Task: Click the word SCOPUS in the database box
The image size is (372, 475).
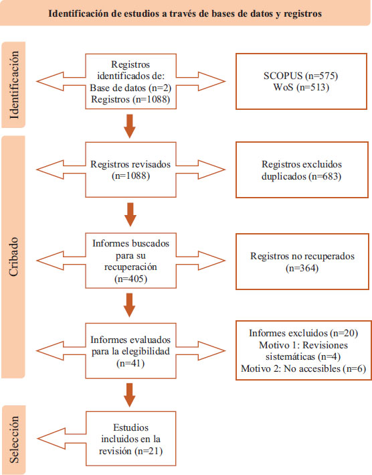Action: [283, 76]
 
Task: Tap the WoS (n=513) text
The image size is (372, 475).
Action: [301, 87]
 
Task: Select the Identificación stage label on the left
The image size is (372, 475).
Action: [14, 85]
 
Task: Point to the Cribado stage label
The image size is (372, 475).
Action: [13, 257]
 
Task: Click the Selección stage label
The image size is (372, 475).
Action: [14, 440]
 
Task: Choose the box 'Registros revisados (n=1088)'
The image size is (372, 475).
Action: [130, 169]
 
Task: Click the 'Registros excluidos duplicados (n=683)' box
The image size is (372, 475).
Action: [302, 170]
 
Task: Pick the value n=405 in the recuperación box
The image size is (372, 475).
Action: [131, 279]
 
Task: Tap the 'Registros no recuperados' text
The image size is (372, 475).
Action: [302, 257]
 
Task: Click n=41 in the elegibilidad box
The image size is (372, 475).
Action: [130, 363]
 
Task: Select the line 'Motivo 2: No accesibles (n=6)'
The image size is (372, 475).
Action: [303, 368]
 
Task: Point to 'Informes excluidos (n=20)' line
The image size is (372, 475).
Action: [303, 333]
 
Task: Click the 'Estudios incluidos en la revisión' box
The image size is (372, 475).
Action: [130, 439]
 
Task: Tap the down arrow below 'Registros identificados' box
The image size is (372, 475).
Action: [130, 126]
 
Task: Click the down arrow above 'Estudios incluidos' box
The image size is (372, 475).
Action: [130, 395]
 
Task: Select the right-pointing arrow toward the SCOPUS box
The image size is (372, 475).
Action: [201, 81]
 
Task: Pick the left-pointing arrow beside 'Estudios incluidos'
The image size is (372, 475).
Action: [62, 439]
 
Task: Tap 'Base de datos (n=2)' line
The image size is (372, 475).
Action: [130, 88]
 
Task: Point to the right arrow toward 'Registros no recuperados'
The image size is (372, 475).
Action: [201, 261]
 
